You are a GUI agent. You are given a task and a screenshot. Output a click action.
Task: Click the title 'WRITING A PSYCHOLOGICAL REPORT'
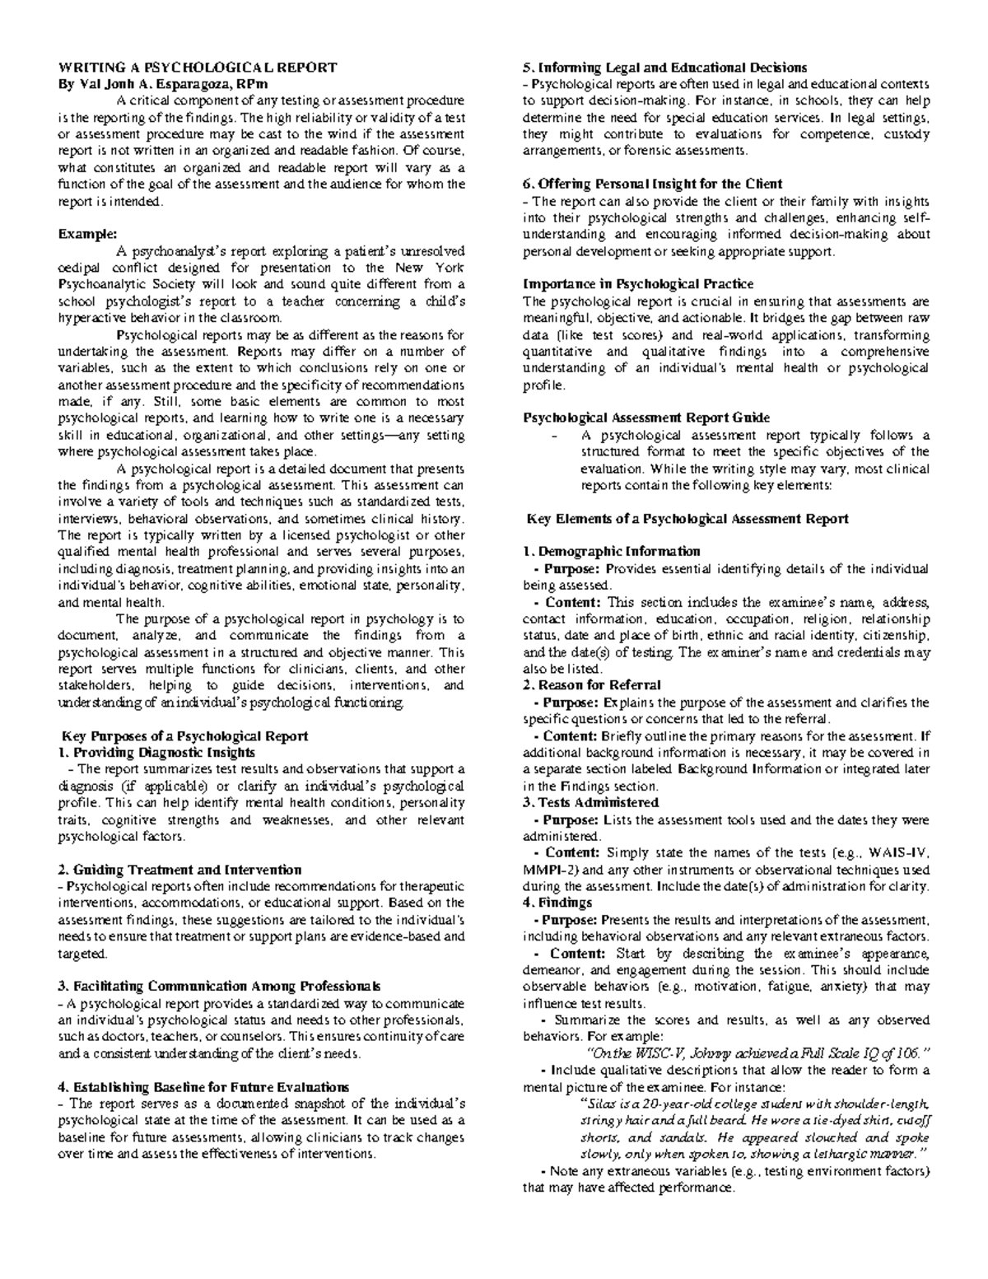(197, 68)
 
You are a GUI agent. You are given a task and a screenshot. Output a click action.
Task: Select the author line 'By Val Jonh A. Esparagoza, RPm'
(162, 84)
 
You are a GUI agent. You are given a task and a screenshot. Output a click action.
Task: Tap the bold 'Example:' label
(82, 234)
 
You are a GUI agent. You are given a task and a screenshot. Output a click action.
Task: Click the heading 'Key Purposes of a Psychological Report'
(185, 735)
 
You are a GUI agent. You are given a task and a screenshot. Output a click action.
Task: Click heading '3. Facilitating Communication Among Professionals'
(219, 986)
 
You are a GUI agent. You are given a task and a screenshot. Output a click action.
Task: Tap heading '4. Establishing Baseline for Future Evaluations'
(203, 1087)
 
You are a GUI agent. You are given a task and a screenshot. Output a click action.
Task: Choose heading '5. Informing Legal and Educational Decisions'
(665, 68)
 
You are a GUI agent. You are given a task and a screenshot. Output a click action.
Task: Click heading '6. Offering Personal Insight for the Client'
(653, 184)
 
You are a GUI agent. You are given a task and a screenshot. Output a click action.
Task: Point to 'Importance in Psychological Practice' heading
(638, 284)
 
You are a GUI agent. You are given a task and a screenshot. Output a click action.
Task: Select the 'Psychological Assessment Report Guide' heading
(646, 418)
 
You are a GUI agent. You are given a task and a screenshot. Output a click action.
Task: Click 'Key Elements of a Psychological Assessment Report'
(687, 519)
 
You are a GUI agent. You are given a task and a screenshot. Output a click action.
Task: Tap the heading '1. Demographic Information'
(612, 552)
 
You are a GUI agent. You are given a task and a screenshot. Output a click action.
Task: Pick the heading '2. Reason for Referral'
(592, 685)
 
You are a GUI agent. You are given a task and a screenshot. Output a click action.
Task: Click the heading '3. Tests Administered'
(591, 802)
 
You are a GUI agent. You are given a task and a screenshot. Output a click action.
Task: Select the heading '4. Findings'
(557, 903)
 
